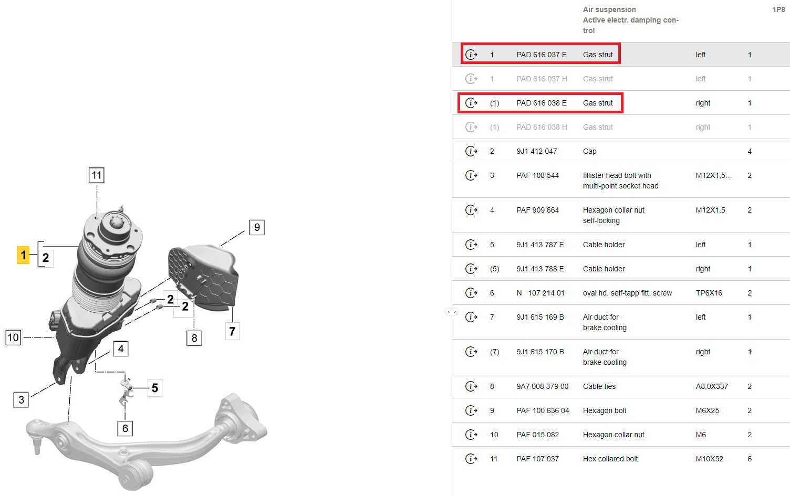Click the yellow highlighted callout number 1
23,255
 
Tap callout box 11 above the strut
96,175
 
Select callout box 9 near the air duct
257,227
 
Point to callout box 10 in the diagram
14,337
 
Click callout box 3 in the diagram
21,400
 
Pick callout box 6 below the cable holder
125,428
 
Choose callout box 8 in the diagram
194,338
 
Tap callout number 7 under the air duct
232,331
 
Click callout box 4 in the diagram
121,349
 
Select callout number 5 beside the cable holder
155,388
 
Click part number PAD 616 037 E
542,55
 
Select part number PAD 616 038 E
542,103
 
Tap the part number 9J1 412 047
536,151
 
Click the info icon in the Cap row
471,151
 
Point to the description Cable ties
599,386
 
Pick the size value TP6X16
709,293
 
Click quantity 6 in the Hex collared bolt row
750,459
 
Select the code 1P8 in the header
779,9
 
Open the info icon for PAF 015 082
471,435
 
